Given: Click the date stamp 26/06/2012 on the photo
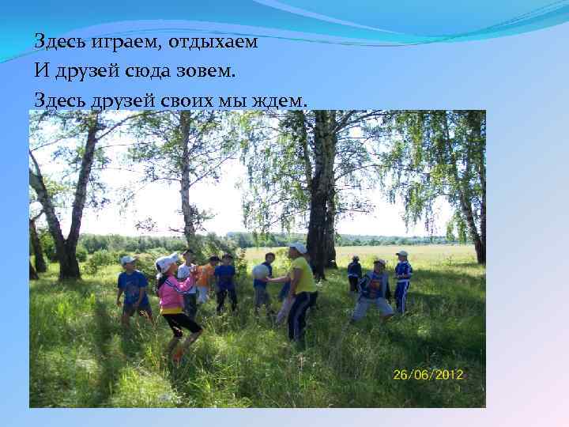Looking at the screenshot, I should [428, 374].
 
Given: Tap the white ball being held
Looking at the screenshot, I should [261, 270].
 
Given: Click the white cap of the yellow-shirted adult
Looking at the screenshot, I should [299, 248].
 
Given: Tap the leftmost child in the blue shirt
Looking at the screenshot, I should [132, 287].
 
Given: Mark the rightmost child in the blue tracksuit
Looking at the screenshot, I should [402, 281].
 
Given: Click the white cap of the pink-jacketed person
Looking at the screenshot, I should [167, 261].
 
